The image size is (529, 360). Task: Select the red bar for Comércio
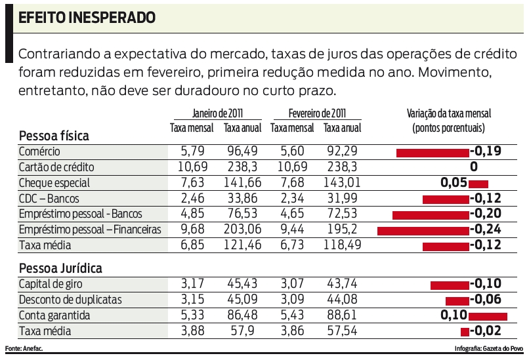pyautogui.click(x=433, y=152)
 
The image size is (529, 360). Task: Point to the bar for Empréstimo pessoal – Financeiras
pyautogui.click(x=423, y=230)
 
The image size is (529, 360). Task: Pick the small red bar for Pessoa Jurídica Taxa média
pyautogui.click(x=465, y=331)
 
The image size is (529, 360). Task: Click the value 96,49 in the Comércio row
pyautogui.click(x=242, y=151)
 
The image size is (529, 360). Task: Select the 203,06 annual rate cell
pyautogui.click(x=242, y=230)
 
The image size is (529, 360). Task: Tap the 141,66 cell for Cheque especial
pyautogui.click(x=242, y=183)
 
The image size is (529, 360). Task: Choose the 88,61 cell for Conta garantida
pyautogui.click(x=341, y=315)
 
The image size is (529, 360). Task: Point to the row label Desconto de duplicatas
pyautogui.click(x=71, y=300)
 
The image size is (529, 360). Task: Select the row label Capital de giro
pyautogui.click(x=51, y=284)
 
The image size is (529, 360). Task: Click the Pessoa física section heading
pyautogui.click(x=54, y=136)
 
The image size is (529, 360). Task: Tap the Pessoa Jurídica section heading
pyautogui.click(x=60, y=268)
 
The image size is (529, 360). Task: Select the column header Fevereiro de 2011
pyautogui.click(x=317, y=113)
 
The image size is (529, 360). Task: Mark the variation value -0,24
pyautogui.click(x=486, y=230)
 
